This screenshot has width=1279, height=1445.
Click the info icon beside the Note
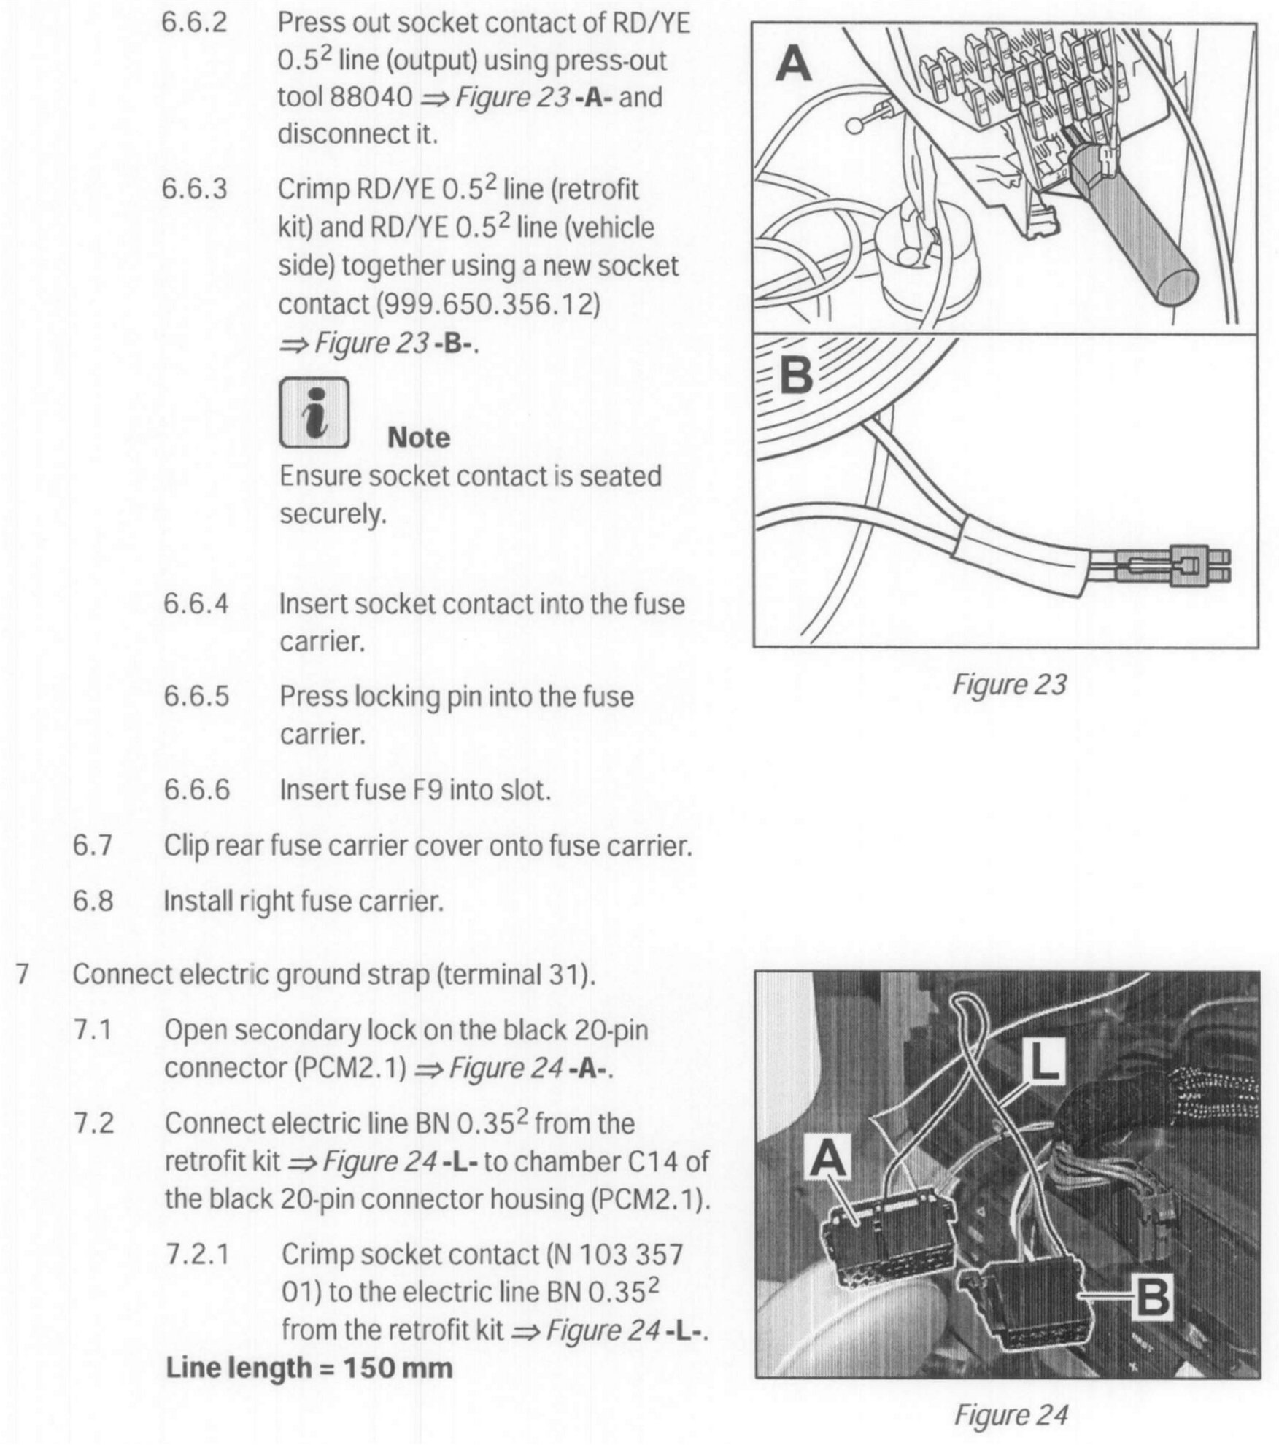[x=314, y=413]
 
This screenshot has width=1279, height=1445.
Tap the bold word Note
[x=418, y=438]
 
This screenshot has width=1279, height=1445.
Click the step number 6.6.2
[x=194, y=23]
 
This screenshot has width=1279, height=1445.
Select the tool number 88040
[x=371, y=97]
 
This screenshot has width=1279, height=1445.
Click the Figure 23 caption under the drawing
[x=1009, y=684]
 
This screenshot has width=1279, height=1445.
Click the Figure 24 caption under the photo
[x=1011, y=1414]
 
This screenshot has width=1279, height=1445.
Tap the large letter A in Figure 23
[x=794, y=64]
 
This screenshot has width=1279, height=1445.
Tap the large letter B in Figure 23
[x=796, y=377]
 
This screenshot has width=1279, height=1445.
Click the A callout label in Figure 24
[x=830, y=1158]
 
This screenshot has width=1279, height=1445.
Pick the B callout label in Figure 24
[x=1151, y=1296]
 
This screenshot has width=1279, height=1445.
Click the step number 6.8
[x=93, y=901]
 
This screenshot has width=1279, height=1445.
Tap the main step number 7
[x=22, y=974]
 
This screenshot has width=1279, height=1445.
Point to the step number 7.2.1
[x=197, y=1254]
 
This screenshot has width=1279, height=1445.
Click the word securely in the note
[x=333, y=514]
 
